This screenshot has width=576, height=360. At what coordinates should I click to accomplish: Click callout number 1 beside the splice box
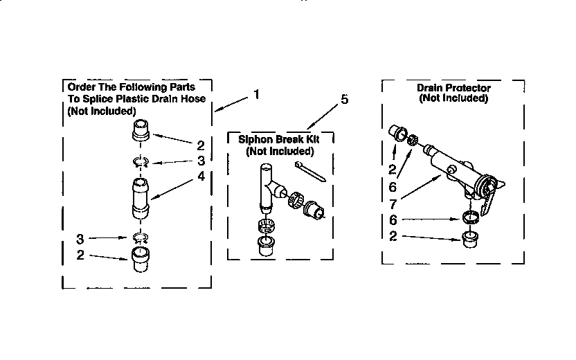(x=256, y=94)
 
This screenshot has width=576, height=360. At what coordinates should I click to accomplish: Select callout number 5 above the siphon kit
(x=345, y=100)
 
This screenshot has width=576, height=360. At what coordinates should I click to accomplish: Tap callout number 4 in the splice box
(x=201, y=177)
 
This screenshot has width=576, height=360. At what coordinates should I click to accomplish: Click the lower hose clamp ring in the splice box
(x=141, y=239)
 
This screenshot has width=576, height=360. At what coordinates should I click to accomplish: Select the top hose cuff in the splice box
(x=141, y=130)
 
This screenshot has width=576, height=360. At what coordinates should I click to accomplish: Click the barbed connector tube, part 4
(x=140, y=198)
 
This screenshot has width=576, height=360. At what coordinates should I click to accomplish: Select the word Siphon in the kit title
(x=253, y=139)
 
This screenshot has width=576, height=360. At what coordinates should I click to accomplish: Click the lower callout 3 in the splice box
(x=80, y=239)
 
